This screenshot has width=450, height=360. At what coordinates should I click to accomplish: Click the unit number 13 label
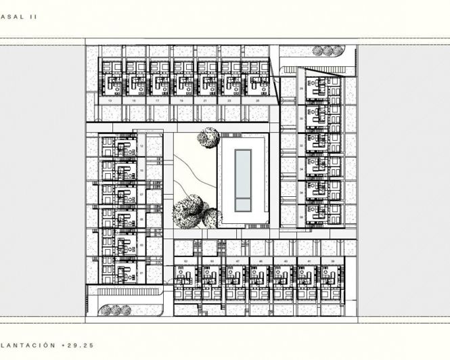pos(110,100)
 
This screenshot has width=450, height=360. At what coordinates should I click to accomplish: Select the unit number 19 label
pos(182,100)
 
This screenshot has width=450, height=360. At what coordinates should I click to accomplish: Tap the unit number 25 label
pos(257,100)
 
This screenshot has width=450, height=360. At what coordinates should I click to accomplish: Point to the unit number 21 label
pos(206,100)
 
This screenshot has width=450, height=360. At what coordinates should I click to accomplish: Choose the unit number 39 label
pos(333,261)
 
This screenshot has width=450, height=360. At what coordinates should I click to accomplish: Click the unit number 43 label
pos(286,261)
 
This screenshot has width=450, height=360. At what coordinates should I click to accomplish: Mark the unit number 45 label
pos(261,261)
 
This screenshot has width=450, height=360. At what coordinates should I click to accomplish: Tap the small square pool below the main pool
pos(243,204)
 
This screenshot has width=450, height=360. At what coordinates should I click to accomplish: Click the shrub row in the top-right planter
pos(323,51)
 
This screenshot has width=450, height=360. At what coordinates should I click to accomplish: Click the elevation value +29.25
pos(77,345)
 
